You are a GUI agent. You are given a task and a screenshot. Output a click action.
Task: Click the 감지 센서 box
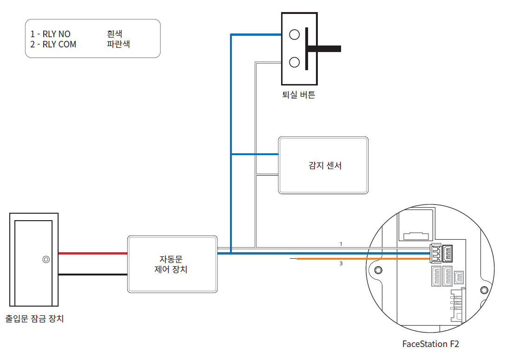(323, 165)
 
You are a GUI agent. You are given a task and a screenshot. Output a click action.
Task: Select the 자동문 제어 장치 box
(172, 264)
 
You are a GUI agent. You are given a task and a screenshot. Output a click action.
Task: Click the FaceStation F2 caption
(430, 344)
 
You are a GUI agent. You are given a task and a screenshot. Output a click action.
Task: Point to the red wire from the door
(93, 254)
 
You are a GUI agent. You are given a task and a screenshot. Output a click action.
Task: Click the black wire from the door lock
(93, 274)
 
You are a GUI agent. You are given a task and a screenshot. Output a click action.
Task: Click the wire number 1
(341, 244)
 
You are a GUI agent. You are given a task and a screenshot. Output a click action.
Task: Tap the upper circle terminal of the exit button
(294, 34)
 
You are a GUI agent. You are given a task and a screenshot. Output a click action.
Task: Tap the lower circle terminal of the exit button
(294, 62)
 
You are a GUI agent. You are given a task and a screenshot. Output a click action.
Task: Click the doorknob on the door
(46, 260)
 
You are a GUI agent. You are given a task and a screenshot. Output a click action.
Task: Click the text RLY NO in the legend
(56, 34)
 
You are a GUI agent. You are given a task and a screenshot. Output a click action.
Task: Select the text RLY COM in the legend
(59, 45)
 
